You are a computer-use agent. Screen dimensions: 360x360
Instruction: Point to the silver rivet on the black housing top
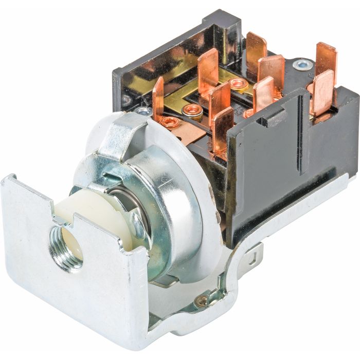point(302,65)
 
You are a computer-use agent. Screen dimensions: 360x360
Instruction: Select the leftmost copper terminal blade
point(157,98)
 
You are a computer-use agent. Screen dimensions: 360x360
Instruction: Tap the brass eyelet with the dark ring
point(193,110)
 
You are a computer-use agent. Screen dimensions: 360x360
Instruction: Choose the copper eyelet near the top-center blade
point(238,84)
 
